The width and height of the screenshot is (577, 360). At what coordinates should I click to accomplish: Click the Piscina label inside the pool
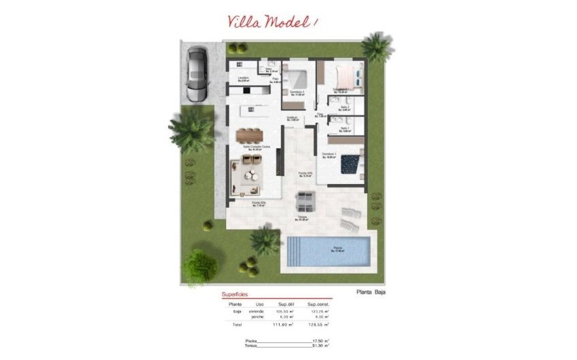click(337, 249)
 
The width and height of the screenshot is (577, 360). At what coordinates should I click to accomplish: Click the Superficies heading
click(235, 295)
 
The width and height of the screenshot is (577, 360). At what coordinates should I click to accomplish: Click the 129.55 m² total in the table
click(318, 325)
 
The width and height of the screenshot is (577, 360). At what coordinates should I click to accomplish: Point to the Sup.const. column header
click(318, 304)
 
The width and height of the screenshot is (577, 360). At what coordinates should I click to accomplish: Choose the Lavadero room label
click(244, 79)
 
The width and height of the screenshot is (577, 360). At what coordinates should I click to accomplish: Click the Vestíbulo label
click(292, 118)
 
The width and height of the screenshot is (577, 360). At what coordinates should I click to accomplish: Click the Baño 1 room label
click(346, 128)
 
